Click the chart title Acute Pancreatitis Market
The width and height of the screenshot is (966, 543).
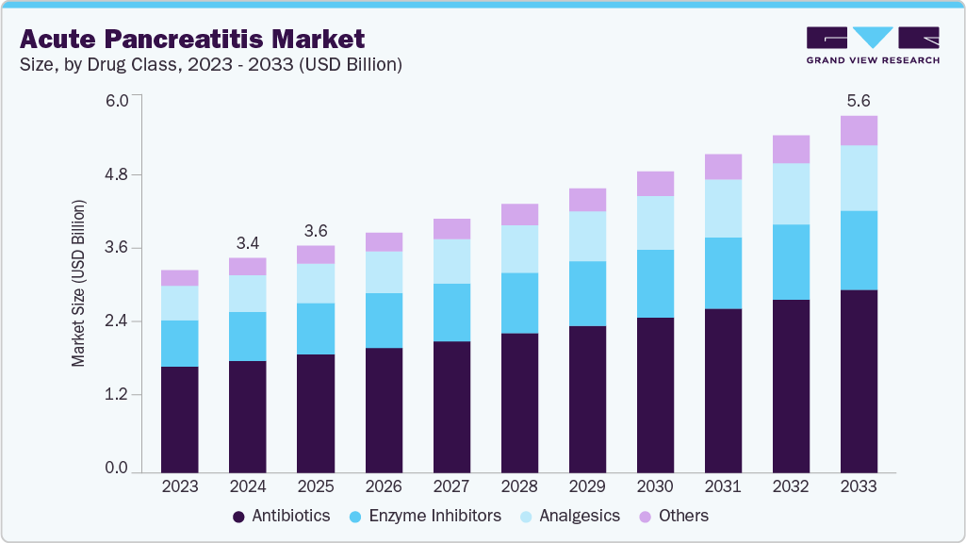tap(191, 40)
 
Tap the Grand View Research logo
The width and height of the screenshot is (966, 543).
tap(872, 45)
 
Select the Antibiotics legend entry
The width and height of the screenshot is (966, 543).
tap(281, 516)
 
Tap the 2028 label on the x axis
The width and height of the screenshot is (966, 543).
tap(519, 486)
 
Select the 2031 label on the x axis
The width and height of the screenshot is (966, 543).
tap(723, 486)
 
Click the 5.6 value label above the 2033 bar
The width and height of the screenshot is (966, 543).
tap(859, 100)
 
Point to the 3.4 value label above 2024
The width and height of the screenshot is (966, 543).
tap(248, 242)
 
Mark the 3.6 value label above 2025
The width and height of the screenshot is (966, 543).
tap(316, 230)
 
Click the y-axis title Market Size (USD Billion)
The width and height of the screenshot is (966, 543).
tap(79, 283)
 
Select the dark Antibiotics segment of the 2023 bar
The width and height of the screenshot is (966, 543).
tap(180, 419)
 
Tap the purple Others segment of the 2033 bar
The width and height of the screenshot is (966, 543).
tap(859, 130)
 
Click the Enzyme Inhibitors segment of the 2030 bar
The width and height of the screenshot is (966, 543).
tap(655, 284)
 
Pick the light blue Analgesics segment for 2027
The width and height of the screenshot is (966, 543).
tap(451, 261)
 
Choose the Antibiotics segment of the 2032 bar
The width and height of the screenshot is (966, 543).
tap(791, 386)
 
